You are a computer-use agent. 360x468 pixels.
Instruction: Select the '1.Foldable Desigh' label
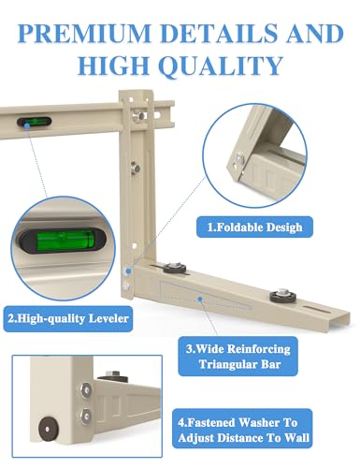[x=254, y=227]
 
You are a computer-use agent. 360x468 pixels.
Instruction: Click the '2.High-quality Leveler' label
[x=68, y=318]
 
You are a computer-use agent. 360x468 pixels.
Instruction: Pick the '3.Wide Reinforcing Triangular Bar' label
[x=238, y=356]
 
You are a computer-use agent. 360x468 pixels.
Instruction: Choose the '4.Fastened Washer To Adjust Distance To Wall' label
[x=242, y=430]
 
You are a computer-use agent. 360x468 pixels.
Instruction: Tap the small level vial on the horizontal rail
[x=34, y=122]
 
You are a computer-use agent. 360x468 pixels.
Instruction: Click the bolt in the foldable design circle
[x=240, y=158]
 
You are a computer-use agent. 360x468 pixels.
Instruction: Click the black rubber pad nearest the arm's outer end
[x=282, y=295]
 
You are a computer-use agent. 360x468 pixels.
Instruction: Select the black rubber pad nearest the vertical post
[x=174, y=268]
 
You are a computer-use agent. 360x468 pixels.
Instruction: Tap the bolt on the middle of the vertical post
[x=135, y=167]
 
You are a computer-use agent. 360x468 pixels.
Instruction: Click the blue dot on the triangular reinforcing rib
[x=200, y=299]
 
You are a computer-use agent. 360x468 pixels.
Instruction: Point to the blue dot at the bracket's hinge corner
[x=128, y=271]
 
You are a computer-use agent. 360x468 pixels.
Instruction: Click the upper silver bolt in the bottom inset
[x=85, y=389]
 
